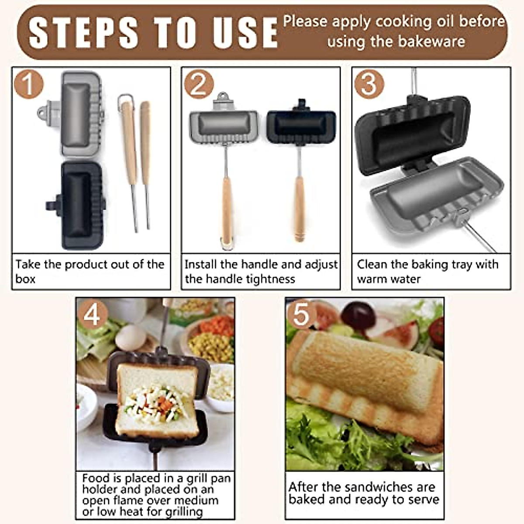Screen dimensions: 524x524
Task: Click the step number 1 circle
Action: pos(28,84)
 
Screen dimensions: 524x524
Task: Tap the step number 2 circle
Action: pos(199,84)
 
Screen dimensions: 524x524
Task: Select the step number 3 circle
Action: pos(369,84)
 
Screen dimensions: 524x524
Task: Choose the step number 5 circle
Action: pos(301,314)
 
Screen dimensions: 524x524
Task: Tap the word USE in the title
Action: pos(245,33)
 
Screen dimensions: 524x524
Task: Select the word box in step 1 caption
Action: pos(25,279)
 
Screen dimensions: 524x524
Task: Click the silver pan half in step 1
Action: pos(79,114)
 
